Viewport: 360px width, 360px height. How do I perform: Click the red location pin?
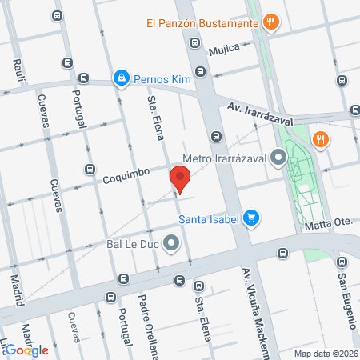click(x=180, y=178)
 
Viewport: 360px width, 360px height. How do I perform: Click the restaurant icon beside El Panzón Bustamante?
click(x=272, y=23)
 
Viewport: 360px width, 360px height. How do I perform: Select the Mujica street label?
click(x=224, y=50)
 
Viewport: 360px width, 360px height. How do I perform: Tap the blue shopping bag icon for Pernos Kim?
click(x=121, y=78)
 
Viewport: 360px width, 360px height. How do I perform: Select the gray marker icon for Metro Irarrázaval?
click(x=278, y=158)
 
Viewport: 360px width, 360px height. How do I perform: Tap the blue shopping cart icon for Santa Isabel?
click(x=251, y=217)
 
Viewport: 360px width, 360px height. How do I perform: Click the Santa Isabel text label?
click(x=209, y=218)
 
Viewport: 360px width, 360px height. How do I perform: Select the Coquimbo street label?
click(x=126, y=175)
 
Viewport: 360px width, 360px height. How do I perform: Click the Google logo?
click(x=27, y=349)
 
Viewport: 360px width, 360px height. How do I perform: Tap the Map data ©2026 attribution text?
click(x=323, y=354)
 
